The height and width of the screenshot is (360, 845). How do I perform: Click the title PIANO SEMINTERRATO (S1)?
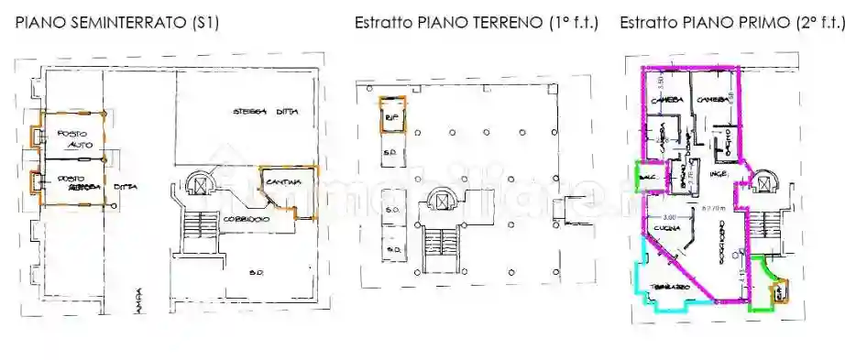click(116, 22)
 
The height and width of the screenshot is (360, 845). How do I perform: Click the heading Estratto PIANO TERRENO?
click(477, 22)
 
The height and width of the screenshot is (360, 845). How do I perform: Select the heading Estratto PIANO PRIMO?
click(730, 22)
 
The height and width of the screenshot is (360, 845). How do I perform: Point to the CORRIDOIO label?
click(244, 221)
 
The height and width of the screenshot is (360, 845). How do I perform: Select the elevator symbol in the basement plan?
click(197, 185)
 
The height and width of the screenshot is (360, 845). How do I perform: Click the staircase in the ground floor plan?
click(443, 242)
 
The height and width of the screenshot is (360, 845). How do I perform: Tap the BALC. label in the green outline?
click(646, 173)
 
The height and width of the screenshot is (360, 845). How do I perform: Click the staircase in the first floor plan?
click(763, 230)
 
